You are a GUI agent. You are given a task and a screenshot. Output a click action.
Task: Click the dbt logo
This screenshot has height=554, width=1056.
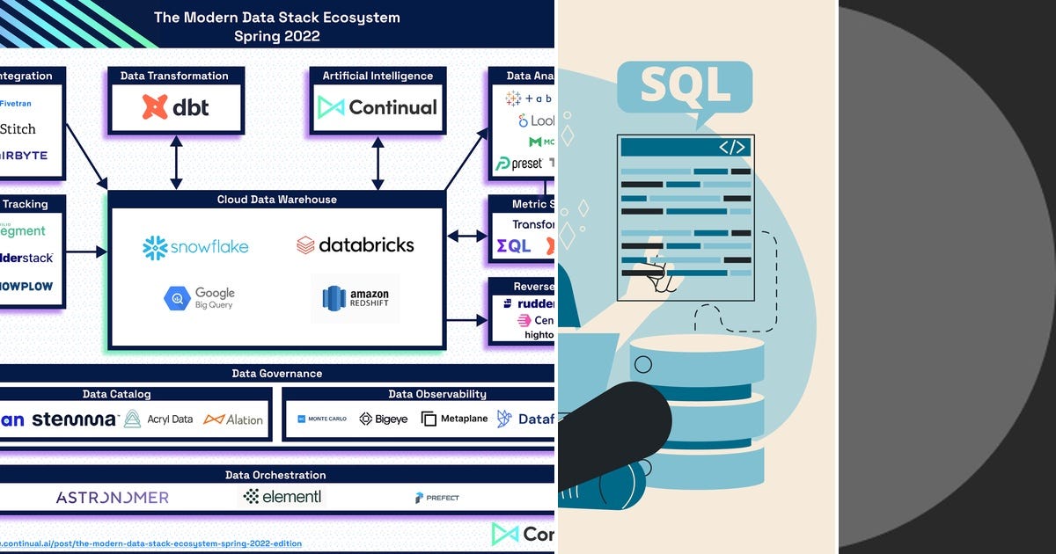pyautogui.click(x=176, y=107)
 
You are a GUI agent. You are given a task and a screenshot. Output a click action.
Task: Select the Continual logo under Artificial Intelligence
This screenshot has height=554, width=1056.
pyautogui.click(x=378, y=107)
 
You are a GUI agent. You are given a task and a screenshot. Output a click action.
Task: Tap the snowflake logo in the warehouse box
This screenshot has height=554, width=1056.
pyautogui.click(x=195, y=247)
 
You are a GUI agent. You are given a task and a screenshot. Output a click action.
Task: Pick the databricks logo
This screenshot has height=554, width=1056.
pyautogui.click(x=355, y=245)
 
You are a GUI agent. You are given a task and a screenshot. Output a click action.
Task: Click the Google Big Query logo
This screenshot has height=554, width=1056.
pyautogui.click(x=200, y=298)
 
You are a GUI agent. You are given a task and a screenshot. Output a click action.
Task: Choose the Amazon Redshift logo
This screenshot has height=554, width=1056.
pyautogui.click(x=361, y=298)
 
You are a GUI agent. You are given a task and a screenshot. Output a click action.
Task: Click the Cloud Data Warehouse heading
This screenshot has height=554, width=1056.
pyautogui.click(x=276, y=200)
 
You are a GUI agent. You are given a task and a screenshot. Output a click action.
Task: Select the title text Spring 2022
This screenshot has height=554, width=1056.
pyautogui.click(x=276, y=37)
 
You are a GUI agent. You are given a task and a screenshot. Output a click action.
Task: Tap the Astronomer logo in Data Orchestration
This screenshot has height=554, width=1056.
pyautogui.click(x=112, y=498)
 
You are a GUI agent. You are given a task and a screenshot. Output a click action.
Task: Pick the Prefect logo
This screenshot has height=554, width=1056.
pyautogui.click(x=437, y=498)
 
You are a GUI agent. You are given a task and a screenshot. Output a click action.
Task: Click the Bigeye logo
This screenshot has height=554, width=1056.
pyautogui.click(x=384, y=419)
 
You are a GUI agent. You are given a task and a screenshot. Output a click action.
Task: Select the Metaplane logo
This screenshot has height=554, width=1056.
pyautogui.click(x=454, y=419)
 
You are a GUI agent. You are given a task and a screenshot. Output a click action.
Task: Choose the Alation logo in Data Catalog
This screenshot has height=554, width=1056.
pyautogui.click(x=233, y=419)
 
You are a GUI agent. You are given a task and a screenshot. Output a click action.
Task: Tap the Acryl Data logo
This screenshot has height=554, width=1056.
pyautogui.click(x=158, y=419)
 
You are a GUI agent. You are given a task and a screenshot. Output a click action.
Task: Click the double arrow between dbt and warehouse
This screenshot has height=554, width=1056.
pyautogui.click(x=176, y=162)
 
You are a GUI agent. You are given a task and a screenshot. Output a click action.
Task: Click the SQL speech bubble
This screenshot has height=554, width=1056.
pyautogui.click(x=685, y=87)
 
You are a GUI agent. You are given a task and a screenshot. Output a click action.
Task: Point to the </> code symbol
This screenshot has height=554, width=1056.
pyautogui.click(x=732, y=147)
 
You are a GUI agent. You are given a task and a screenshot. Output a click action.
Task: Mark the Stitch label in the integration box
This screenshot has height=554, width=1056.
pyautogui.click(x=18, y=129)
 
